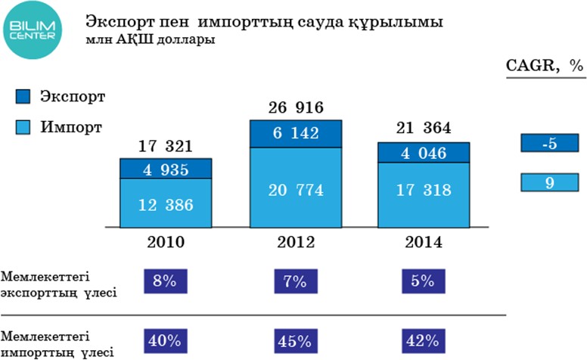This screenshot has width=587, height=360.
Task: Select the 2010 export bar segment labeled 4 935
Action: coord(165,169)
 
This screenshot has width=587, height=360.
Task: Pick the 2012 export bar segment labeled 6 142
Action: coord(294,133)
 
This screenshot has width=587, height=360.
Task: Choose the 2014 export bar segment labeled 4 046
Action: coord(423,153)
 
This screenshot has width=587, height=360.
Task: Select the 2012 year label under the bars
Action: coord(294,243)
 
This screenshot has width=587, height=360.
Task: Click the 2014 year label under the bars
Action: coord(423,243)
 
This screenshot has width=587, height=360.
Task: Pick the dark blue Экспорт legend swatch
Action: coord(23,96)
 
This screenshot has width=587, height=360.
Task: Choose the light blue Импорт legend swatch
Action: coord(23,127)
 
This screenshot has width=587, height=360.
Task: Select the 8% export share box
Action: coord(165,281)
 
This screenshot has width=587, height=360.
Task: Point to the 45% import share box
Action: coord(294,340)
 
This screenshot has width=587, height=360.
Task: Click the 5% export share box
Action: coord(423,281)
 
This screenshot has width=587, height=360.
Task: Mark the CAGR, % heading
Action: coord(545,66)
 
